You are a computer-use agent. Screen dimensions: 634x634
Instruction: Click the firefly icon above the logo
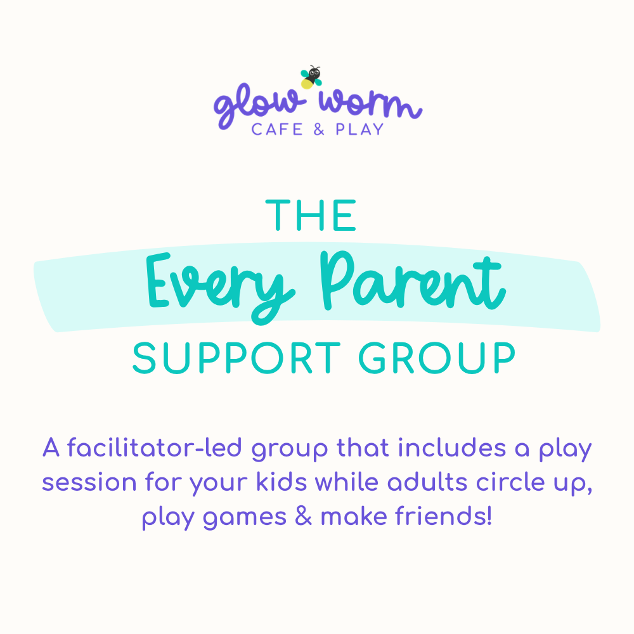point(311,77)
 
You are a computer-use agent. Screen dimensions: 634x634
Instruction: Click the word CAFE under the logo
point(275,129)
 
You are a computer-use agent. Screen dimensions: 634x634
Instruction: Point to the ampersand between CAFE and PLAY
point(317,129)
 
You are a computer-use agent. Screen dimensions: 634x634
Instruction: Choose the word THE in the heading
point(311,216)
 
